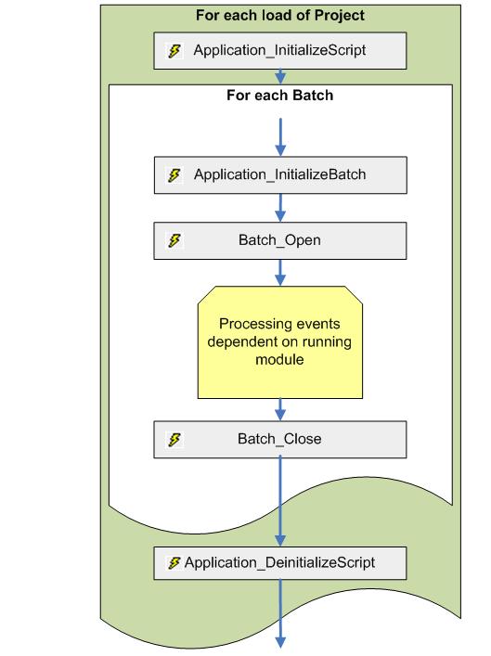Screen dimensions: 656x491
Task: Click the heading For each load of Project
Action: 279,16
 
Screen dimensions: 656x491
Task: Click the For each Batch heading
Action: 279,96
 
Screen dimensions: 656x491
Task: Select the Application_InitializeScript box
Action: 279,51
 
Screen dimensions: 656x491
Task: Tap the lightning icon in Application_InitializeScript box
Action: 174,51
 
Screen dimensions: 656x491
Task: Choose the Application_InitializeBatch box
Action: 279,174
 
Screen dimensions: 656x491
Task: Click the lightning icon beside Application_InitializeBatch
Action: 174,174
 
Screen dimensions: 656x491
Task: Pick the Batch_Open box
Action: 279,240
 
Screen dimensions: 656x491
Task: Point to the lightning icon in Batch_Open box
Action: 174,240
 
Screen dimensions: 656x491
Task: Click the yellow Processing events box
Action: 279,341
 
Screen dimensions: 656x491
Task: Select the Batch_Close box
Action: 279,439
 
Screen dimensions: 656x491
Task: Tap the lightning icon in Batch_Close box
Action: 174,439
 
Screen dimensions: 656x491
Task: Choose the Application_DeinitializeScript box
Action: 279,562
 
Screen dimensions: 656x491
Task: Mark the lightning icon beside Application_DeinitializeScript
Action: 174,562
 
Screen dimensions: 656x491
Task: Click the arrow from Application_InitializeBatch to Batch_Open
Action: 279,208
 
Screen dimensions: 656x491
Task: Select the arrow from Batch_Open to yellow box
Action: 279,273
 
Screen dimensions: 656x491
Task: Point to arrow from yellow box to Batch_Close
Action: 279,408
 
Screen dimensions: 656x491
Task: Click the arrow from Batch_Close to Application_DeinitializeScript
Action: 279,501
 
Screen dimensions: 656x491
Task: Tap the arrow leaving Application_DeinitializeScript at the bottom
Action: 279,613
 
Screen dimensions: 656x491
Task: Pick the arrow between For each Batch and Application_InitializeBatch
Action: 279,135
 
